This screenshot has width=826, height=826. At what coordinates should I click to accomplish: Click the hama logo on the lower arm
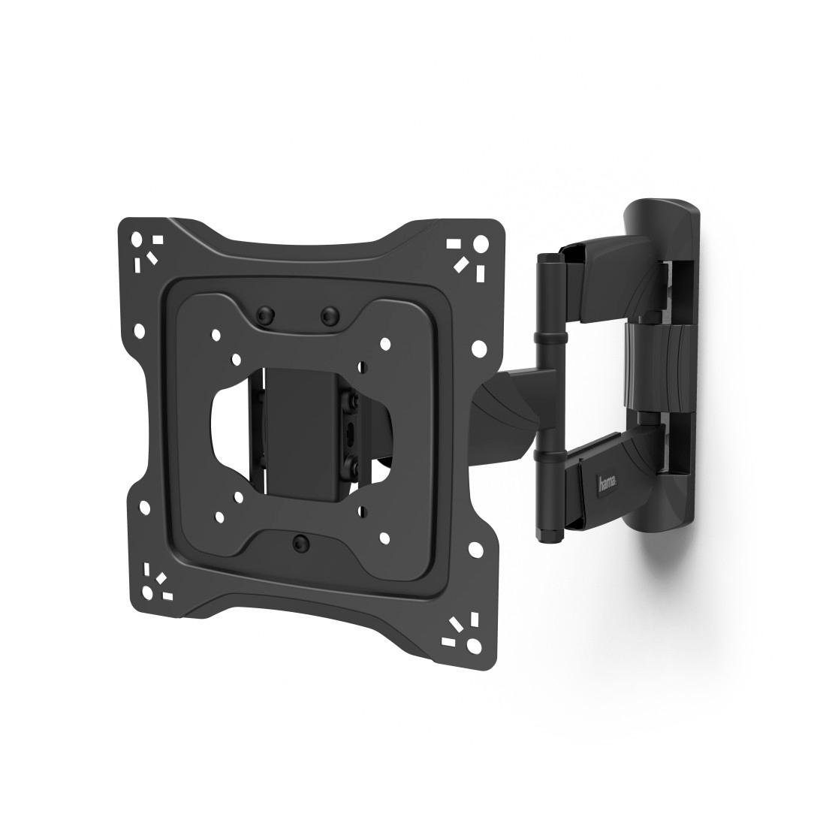tap(604, 484)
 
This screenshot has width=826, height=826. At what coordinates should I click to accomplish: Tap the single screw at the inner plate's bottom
tap(300, 541)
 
